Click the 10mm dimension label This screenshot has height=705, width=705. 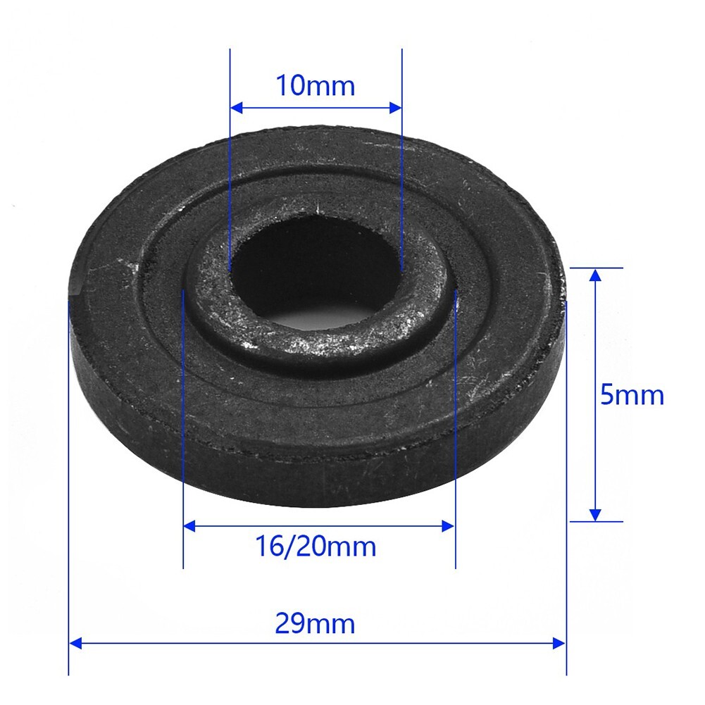pyautogui.click(x=316, y=86)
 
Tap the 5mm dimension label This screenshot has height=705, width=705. pyautogui.click(x=632, y=395)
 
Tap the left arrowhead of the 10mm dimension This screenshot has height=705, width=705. pyautogui.click(x=237, y=108)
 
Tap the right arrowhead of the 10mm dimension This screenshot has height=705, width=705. pyautogui.click(x=396, y=108)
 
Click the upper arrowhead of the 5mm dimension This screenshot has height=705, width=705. pyautogui.click(x=595, y=275)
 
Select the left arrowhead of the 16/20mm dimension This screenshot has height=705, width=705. pyautogui.click(x=189, y=525)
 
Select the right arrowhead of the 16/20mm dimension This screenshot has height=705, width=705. pyautogui.click(x=449, y=525)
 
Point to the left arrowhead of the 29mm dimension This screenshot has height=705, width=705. pyautogui.click(x=75, y=643)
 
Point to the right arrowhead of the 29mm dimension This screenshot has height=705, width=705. pyautogui.click(x=559, y=643)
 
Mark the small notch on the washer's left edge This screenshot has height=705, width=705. pyautogui.click(x=76, y=290)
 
